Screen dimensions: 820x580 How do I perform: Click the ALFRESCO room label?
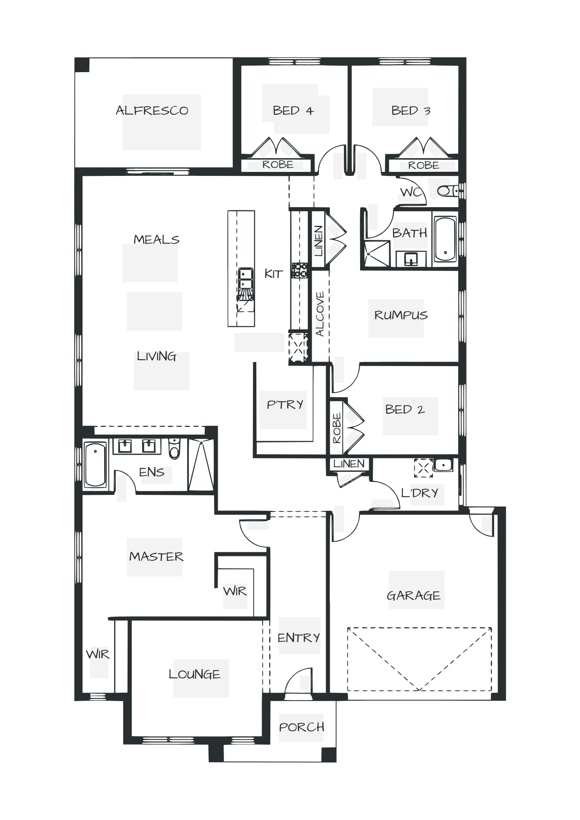(x=152, y=110)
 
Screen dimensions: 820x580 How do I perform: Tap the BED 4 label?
(x=293, y=111)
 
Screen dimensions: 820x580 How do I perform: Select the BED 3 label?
(x=410, y=110)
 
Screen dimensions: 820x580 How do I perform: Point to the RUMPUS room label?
(x=400, y=315)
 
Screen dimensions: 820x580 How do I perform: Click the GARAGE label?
(x=414, y=595)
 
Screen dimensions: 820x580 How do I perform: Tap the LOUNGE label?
(x=195, y=674)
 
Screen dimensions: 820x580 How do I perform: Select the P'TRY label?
(x=285, y=405)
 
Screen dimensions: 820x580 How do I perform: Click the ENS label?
(x=152, y=472)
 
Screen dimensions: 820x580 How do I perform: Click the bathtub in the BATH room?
(x=445, y=239)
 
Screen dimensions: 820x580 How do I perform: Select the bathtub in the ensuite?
(x=95, y=465)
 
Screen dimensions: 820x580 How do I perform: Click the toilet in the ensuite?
(x=175, y=449)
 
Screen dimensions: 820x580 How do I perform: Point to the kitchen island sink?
(x=246, y=278)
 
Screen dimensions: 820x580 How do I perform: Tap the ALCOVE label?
(x=320, y=314)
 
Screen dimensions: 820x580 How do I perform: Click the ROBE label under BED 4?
(x=278, y=165)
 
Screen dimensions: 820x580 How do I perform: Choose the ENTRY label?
(x=299, y=638)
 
